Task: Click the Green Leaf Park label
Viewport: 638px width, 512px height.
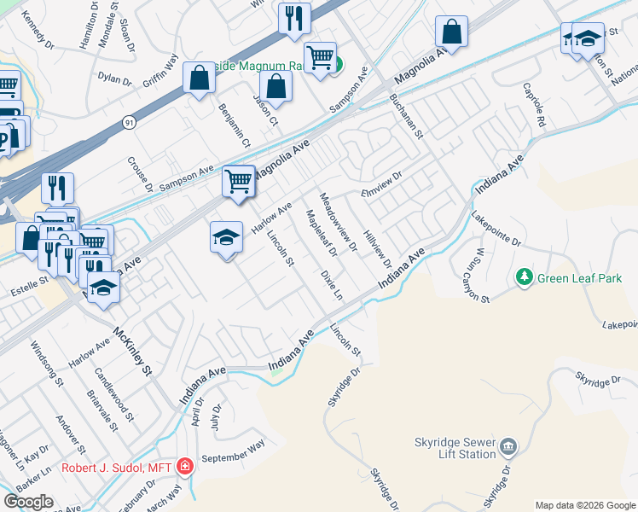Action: [x=579, y=278]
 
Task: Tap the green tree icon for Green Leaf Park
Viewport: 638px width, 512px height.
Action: [x=524, y=278]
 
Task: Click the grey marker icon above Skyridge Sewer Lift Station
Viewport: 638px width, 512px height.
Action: [x=508, y=446]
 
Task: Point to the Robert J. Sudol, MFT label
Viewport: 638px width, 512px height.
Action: [x=115, y=468]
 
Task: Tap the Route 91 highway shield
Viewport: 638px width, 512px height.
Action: [x=128, y=123]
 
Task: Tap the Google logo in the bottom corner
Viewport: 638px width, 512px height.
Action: [x=29, y=502]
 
